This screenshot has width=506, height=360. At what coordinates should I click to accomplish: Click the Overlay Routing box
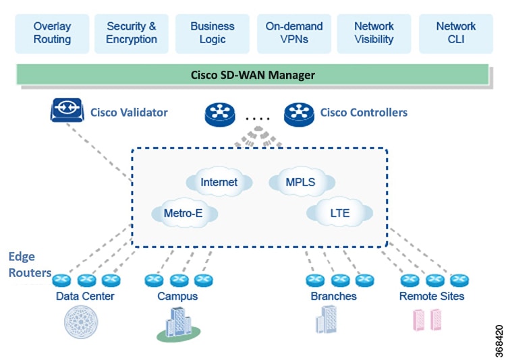[x=52, y=33]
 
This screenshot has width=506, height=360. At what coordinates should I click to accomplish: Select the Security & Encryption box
[x=132, y=33]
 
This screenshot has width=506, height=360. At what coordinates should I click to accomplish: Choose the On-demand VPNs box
[x=293, y=33]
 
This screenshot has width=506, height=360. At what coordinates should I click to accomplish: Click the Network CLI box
[x=455, y=33]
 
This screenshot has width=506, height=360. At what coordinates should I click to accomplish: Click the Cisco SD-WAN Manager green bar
[x=252, y=74]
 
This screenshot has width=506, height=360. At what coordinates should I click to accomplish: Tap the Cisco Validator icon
[x=66, y=111]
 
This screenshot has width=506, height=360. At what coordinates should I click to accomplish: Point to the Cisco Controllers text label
[x=364, y=113]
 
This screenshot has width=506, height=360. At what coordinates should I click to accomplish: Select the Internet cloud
[x=219, y=182]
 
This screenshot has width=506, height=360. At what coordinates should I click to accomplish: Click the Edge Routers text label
[x=30, y=265]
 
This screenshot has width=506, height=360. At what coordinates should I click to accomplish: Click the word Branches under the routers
[x=333, y=296]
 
